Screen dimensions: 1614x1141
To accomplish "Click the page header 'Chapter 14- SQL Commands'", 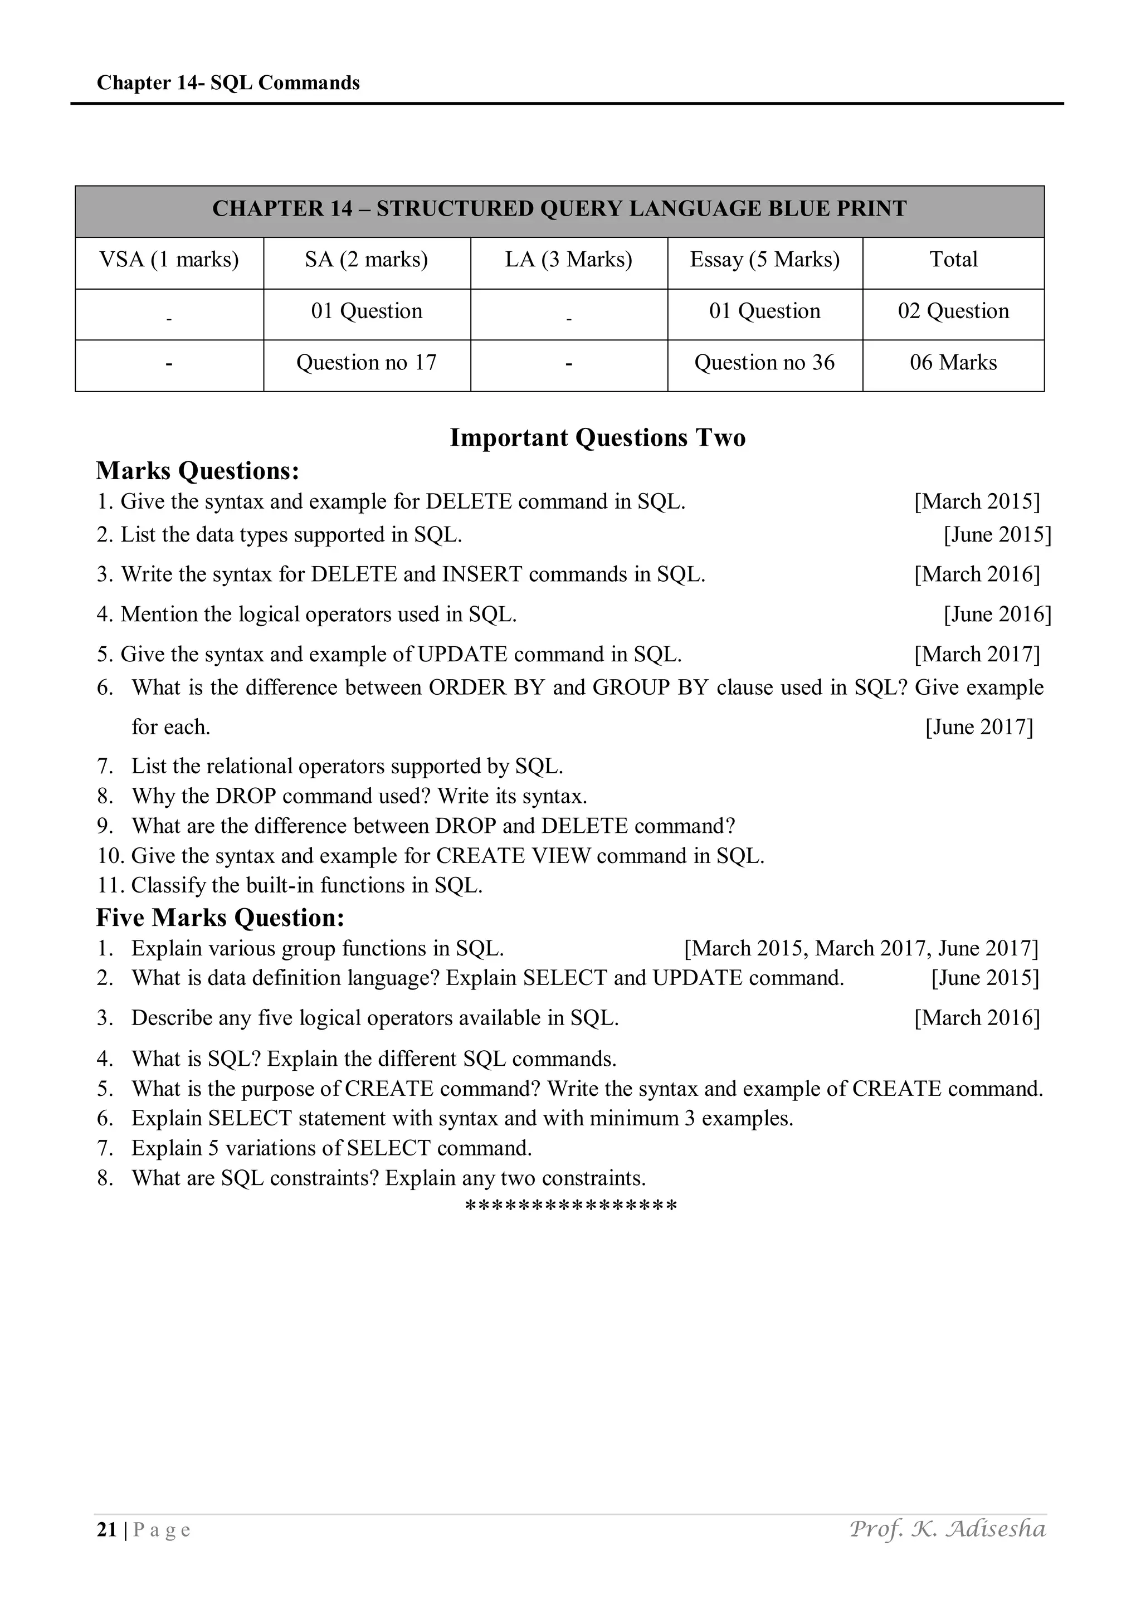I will [x=228, y=83].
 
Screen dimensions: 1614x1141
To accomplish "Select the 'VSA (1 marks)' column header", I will [x=169, y=260].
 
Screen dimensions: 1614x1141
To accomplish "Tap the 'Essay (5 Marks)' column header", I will [x=764, y=260].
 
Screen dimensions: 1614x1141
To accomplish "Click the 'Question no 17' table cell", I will [x=366, y=363].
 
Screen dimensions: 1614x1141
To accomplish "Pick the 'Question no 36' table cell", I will [x=764, y=363].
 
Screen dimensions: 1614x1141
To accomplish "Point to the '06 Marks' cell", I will [x=953, y=363].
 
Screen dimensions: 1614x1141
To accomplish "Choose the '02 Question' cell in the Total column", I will [x=953, y=311].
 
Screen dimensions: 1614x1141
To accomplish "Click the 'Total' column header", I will [x=953, y=260].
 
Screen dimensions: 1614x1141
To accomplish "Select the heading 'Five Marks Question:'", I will [x=220, y=918].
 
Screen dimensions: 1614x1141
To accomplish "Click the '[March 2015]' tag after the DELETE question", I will [x=977, y=501].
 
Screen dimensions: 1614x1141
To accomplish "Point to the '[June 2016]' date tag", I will [x=997, y=615].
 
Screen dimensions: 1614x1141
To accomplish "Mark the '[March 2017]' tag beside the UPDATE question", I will [x=977, y=655].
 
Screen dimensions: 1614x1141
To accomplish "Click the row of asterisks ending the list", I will [x=571, y=1207].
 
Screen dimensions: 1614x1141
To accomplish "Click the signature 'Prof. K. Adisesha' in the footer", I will [x=947, y=1529].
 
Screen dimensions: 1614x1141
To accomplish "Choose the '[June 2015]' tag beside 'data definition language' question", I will [x=984, y=978].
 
